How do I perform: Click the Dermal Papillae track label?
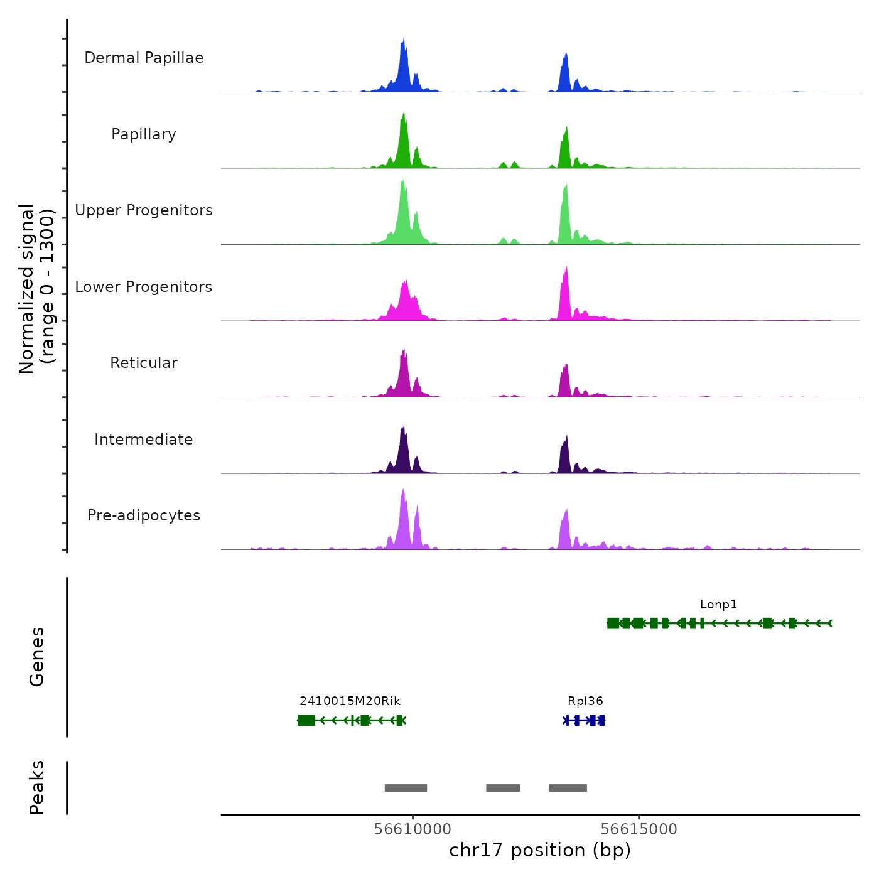pyautogui.click(x=144, y=58)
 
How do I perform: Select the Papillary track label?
pyautogui.click(x=144, y=134)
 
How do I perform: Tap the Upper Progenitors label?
pyautogui.click(x=144, y=210)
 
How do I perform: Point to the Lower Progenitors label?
pyautogui.click(x=144, y=287)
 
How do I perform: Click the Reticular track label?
pyautogui.click(x=144, y=363)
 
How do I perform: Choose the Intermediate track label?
pyautogui.click(x=144, y=439)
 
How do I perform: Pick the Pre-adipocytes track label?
pyautogui.click(x=144, y=515)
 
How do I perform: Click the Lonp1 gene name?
pyautogui.click(x=718, y=605)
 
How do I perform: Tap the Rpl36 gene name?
pyautogui.click(x=585, y=701)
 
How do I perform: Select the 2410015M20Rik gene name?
pyautogui.click(x=350, y=701)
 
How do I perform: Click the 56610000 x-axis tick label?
pyautogui.click(x=413, y=829)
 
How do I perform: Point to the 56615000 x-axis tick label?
pyautogui.click(x=639, y=829)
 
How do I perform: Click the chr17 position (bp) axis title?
pyautogui.click(x=540, y=851)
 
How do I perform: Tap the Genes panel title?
pyautogui.click(x=37, y=657)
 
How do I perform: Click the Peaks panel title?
pyautogui.click(x=37, y=787)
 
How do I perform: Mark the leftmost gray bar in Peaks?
pyautogui.click(x=406, y=788)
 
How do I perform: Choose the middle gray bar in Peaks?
pyautogui.click(x=503, y=788)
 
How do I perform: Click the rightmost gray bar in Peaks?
pyautogui.click(x=568, y=788)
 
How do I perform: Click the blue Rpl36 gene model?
pyautogui.click(x=584, y=720)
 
